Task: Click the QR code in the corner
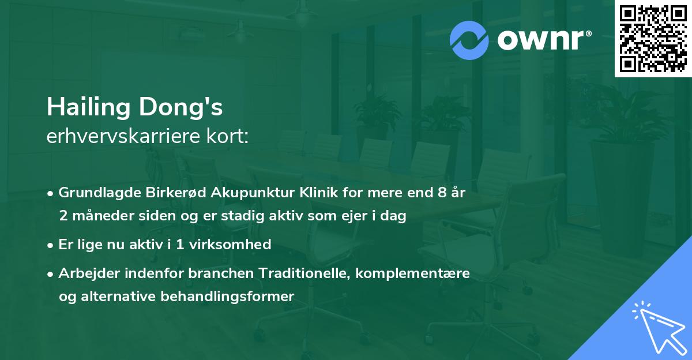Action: (653, 39)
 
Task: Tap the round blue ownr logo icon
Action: (469, 40)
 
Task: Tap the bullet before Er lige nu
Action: (51, 245)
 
